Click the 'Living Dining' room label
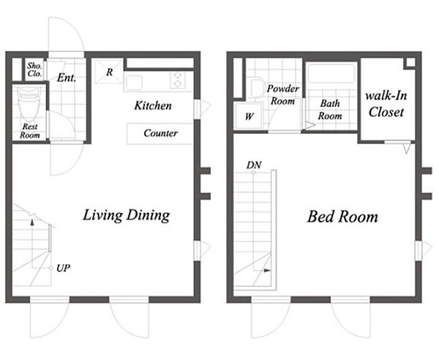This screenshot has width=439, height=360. tap(127, 216)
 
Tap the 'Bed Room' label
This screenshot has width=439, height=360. tap(342, 217)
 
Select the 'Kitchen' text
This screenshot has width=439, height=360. tap(153, 106)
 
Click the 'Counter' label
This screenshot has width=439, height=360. tap(161, 133)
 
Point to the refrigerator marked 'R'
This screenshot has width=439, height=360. tap(109, 72)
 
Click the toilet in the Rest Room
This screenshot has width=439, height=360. tap(29, 102)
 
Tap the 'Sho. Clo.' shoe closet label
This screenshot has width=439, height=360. tap(34, 70)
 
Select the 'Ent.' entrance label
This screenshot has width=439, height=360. tap(67, 78)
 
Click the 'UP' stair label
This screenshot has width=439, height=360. tap(63, 269)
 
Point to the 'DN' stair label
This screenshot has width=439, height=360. tap(254, 165)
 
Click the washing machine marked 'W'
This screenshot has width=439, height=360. tap(249, 116)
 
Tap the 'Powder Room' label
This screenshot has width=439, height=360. tap(282, 94)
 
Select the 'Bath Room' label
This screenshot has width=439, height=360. tap(330, 110)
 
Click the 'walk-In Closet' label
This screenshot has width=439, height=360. tap(386, 104)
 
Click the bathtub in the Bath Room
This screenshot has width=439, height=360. tap(331, 73)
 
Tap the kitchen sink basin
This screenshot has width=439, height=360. tap(134, 83)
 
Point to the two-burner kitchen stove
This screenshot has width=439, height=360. tap(177, 80)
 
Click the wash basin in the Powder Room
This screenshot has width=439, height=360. tap(257, 87)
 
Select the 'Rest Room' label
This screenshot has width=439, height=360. tap(30, 131)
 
